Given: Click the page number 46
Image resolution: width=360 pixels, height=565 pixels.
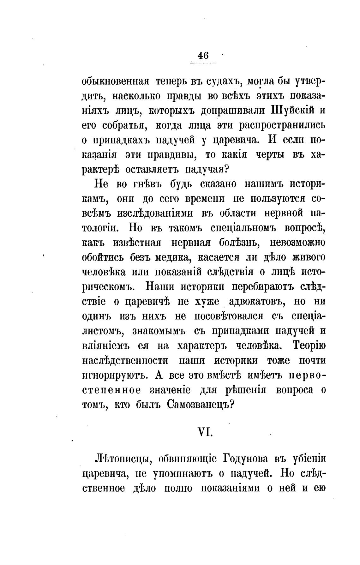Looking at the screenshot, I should (203, 56).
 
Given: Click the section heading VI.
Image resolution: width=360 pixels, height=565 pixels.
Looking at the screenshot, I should (204, 432).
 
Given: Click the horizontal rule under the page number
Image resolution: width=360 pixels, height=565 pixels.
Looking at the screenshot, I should (203, 63).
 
